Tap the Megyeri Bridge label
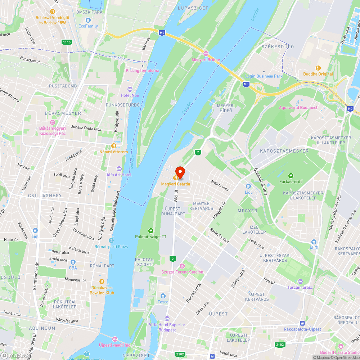206,60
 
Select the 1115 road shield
67,42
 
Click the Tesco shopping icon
163,296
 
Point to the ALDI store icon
314,242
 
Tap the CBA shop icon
73,262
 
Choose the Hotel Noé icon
130,89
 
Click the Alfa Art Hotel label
119,175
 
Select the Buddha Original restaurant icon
318,68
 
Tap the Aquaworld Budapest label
298,108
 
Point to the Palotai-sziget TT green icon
150,231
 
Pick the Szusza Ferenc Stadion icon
182,266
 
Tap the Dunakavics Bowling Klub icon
102,282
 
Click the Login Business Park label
264,76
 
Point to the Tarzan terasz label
300,287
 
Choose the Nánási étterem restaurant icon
113,146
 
